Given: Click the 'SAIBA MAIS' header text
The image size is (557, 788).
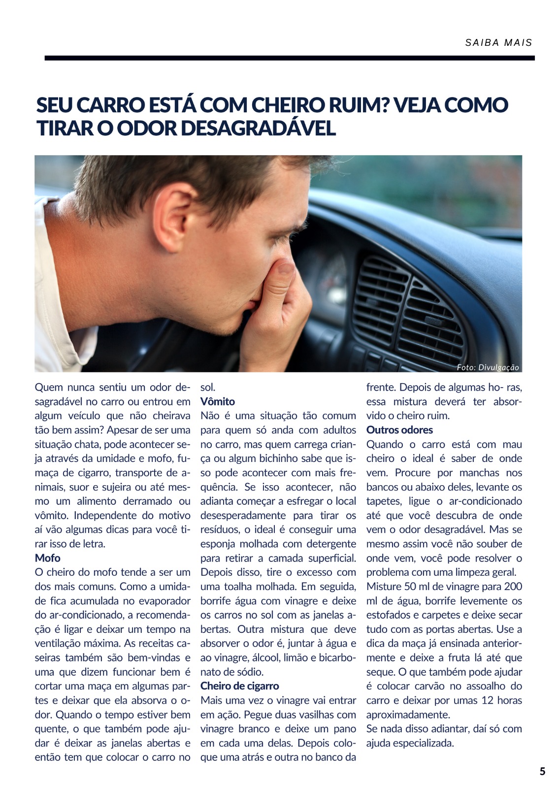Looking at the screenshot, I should [x=498, y=43].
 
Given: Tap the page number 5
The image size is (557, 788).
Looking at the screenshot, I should [x=542, y=771].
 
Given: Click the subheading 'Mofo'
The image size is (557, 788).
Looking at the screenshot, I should [x=47, y=558].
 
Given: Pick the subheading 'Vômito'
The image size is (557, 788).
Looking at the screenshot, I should [x=217, y=401].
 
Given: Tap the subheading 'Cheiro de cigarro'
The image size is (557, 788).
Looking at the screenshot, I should [x=239, y=686].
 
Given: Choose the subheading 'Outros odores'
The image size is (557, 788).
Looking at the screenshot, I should [x=399, y=430].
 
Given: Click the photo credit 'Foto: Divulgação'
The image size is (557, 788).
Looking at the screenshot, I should [x=487, y=367].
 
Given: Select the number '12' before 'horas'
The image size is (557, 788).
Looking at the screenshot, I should [x=487, y=700].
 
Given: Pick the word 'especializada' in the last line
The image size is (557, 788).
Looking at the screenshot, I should [x=422, y=743].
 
